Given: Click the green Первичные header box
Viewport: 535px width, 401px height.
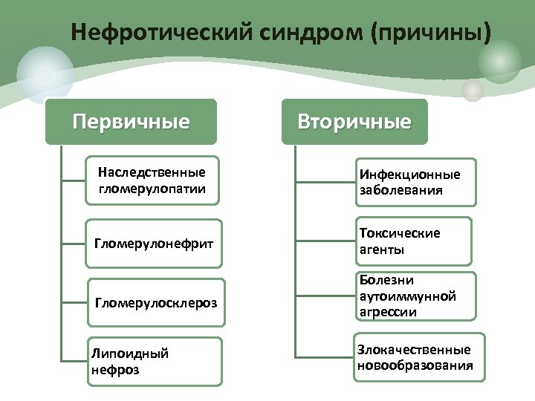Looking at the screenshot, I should pos(131,121).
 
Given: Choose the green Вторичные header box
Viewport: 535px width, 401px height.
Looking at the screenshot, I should pos(354,122).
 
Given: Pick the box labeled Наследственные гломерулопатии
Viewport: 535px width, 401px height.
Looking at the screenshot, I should pos(152,180).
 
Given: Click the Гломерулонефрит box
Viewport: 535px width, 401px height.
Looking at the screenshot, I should pos(154,243).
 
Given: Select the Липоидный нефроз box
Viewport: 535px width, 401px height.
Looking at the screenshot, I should pos(155,362).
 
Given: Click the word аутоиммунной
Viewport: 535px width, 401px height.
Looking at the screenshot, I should pos(406,296).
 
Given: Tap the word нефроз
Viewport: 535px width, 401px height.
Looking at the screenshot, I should pos(112,369).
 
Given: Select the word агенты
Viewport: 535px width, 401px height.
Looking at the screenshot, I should pos(383,250).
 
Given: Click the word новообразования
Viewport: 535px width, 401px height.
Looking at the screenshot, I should pos(415,365).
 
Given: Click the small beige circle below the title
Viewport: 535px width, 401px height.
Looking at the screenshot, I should pos(473,91).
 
